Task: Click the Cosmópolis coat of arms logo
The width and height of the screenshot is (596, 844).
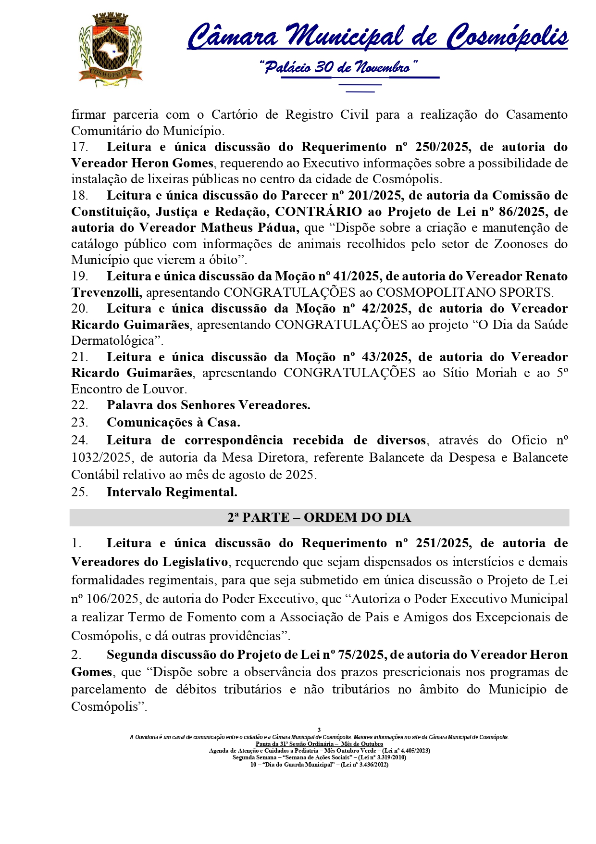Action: (x=111, y=50)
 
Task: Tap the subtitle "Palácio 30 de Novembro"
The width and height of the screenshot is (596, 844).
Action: (x=338, y=67)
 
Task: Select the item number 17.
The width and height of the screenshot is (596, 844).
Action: (x=79, y=147)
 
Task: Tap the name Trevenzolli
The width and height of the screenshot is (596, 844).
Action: (x=106, y=292)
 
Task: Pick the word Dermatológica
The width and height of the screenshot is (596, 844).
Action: (x=115, y=341)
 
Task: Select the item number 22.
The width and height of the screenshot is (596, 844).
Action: (x=79, y=405)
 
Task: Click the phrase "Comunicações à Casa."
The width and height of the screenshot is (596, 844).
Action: (x=173, y=423)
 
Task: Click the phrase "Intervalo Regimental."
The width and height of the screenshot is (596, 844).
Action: (x=172, y=492)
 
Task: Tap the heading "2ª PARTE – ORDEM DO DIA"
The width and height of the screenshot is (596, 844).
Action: (x=319, y=517)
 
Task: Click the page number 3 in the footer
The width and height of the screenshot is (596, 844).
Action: (x=319, y=730)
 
